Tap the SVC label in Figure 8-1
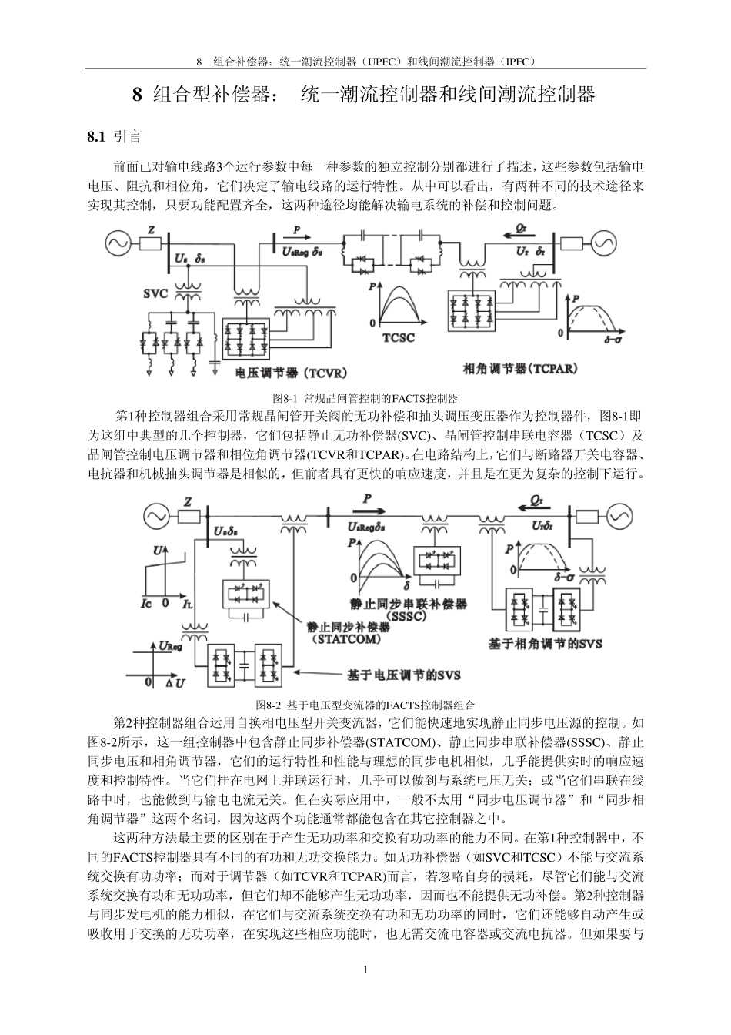click(155, 293)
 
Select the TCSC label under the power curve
click(399, 337)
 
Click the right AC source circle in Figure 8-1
click(602, 244)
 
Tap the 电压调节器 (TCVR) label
click(290, 373)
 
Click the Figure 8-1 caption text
click(365, 398)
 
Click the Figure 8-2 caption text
click(365, 705)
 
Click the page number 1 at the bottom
click(365, 969)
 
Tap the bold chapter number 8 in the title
click(138, 95)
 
